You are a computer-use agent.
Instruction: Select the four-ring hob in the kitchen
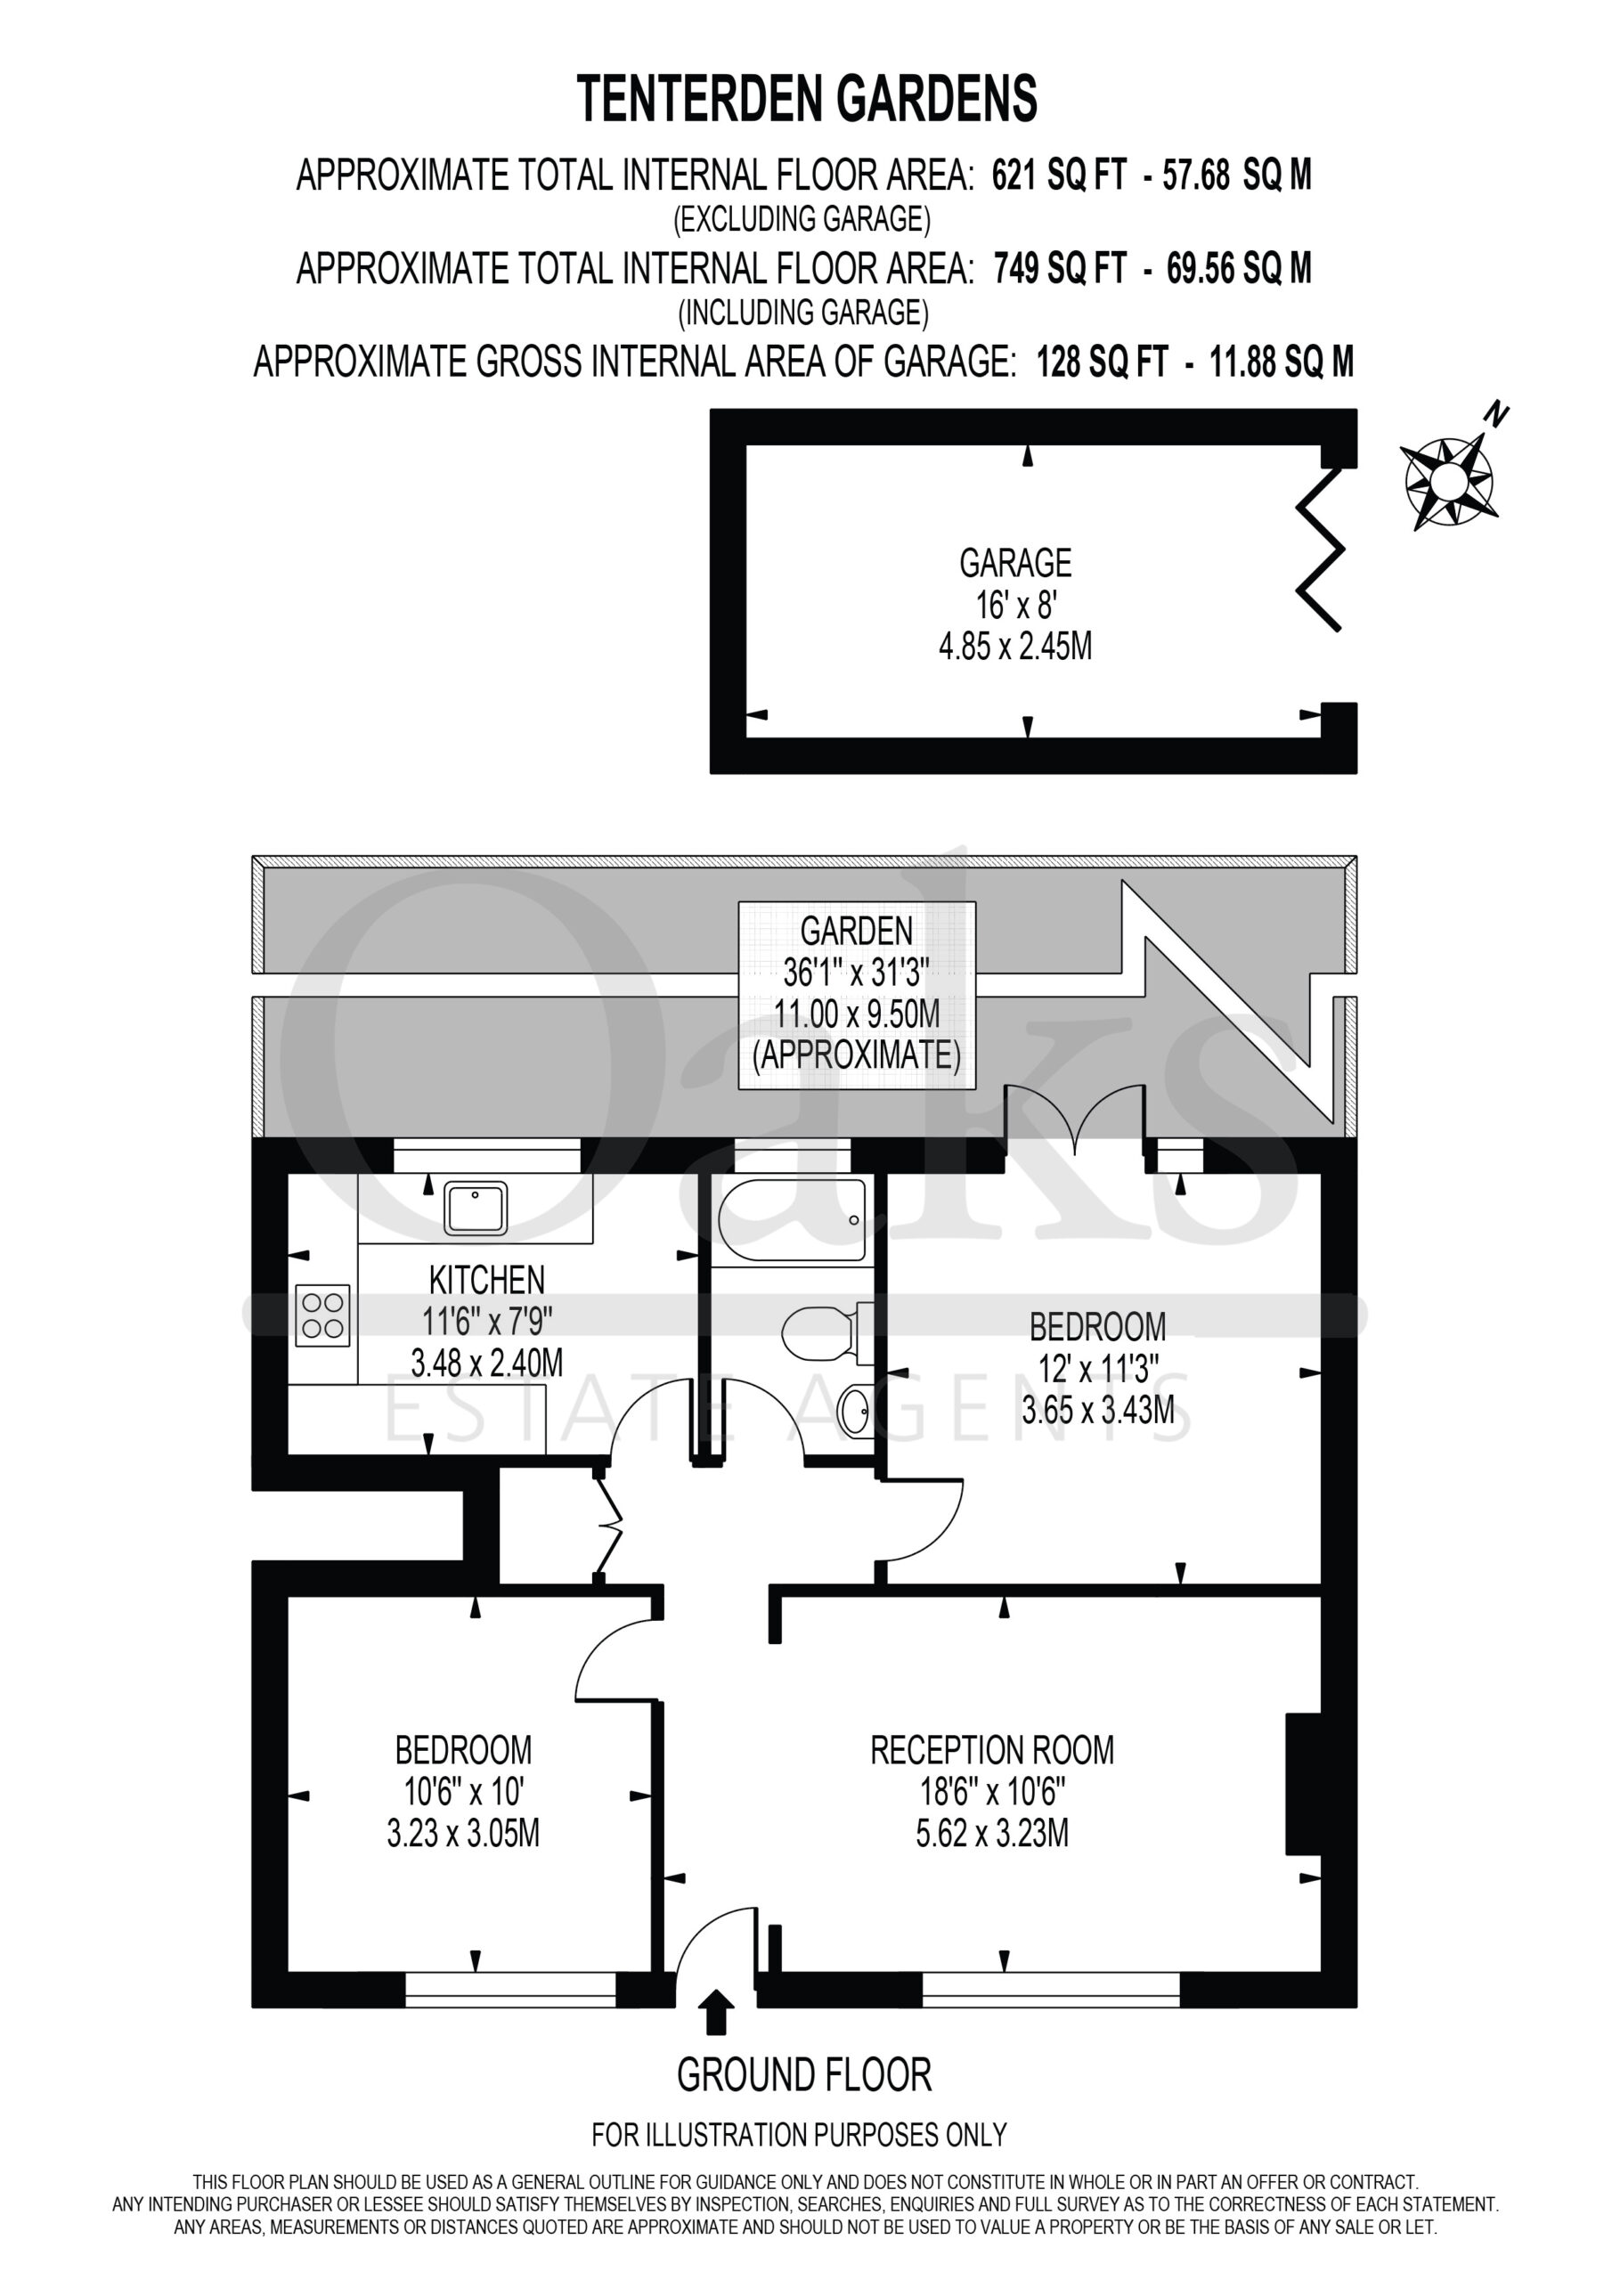(322, 1315)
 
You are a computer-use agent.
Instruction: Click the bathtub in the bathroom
(791, 1219)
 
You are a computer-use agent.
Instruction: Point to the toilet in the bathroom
(826, 1331)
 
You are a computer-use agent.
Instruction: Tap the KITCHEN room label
(486, 1279)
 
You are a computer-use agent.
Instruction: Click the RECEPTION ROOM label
(992, 1750)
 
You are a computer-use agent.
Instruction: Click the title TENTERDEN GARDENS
(807, 99)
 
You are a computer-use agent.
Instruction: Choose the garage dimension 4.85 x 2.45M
(1015, 647)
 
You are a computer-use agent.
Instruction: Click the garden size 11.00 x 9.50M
(856, 1014)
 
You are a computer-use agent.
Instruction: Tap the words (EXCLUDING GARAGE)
(802, 219)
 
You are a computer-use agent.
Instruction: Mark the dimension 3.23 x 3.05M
(463, 1833)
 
